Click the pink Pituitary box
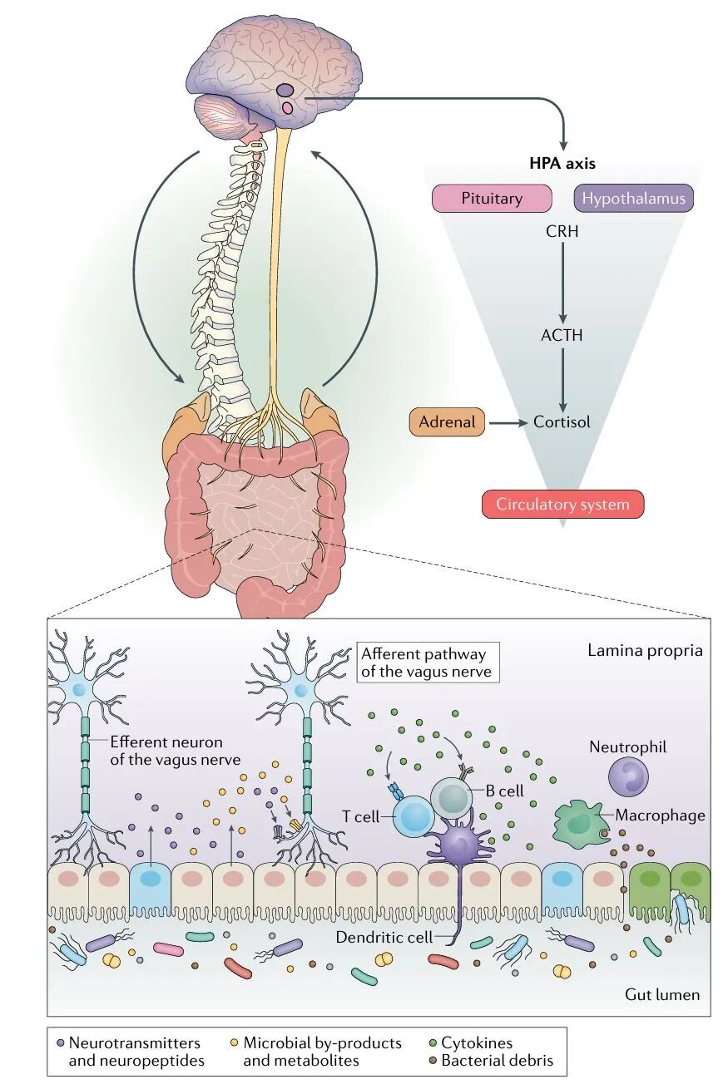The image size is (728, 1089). click(492, 199)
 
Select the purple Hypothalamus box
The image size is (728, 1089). click(633, 199)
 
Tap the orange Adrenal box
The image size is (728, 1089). click(447, 422)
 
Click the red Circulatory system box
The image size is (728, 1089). click(562, 504)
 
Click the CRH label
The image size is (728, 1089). click(562, 232)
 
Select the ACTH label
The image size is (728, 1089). click(562, 336)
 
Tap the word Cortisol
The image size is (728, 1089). click(562, 422)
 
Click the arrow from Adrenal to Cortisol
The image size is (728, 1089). click(508, 422)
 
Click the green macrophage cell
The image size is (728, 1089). click(582, 824)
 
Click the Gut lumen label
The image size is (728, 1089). click(661, 994)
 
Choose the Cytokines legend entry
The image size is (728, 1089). click(476, 1043)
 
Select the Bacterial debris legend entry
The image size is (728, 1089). click(496, 1061)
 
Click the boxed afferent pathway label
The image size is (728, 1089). click(427, 663)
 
